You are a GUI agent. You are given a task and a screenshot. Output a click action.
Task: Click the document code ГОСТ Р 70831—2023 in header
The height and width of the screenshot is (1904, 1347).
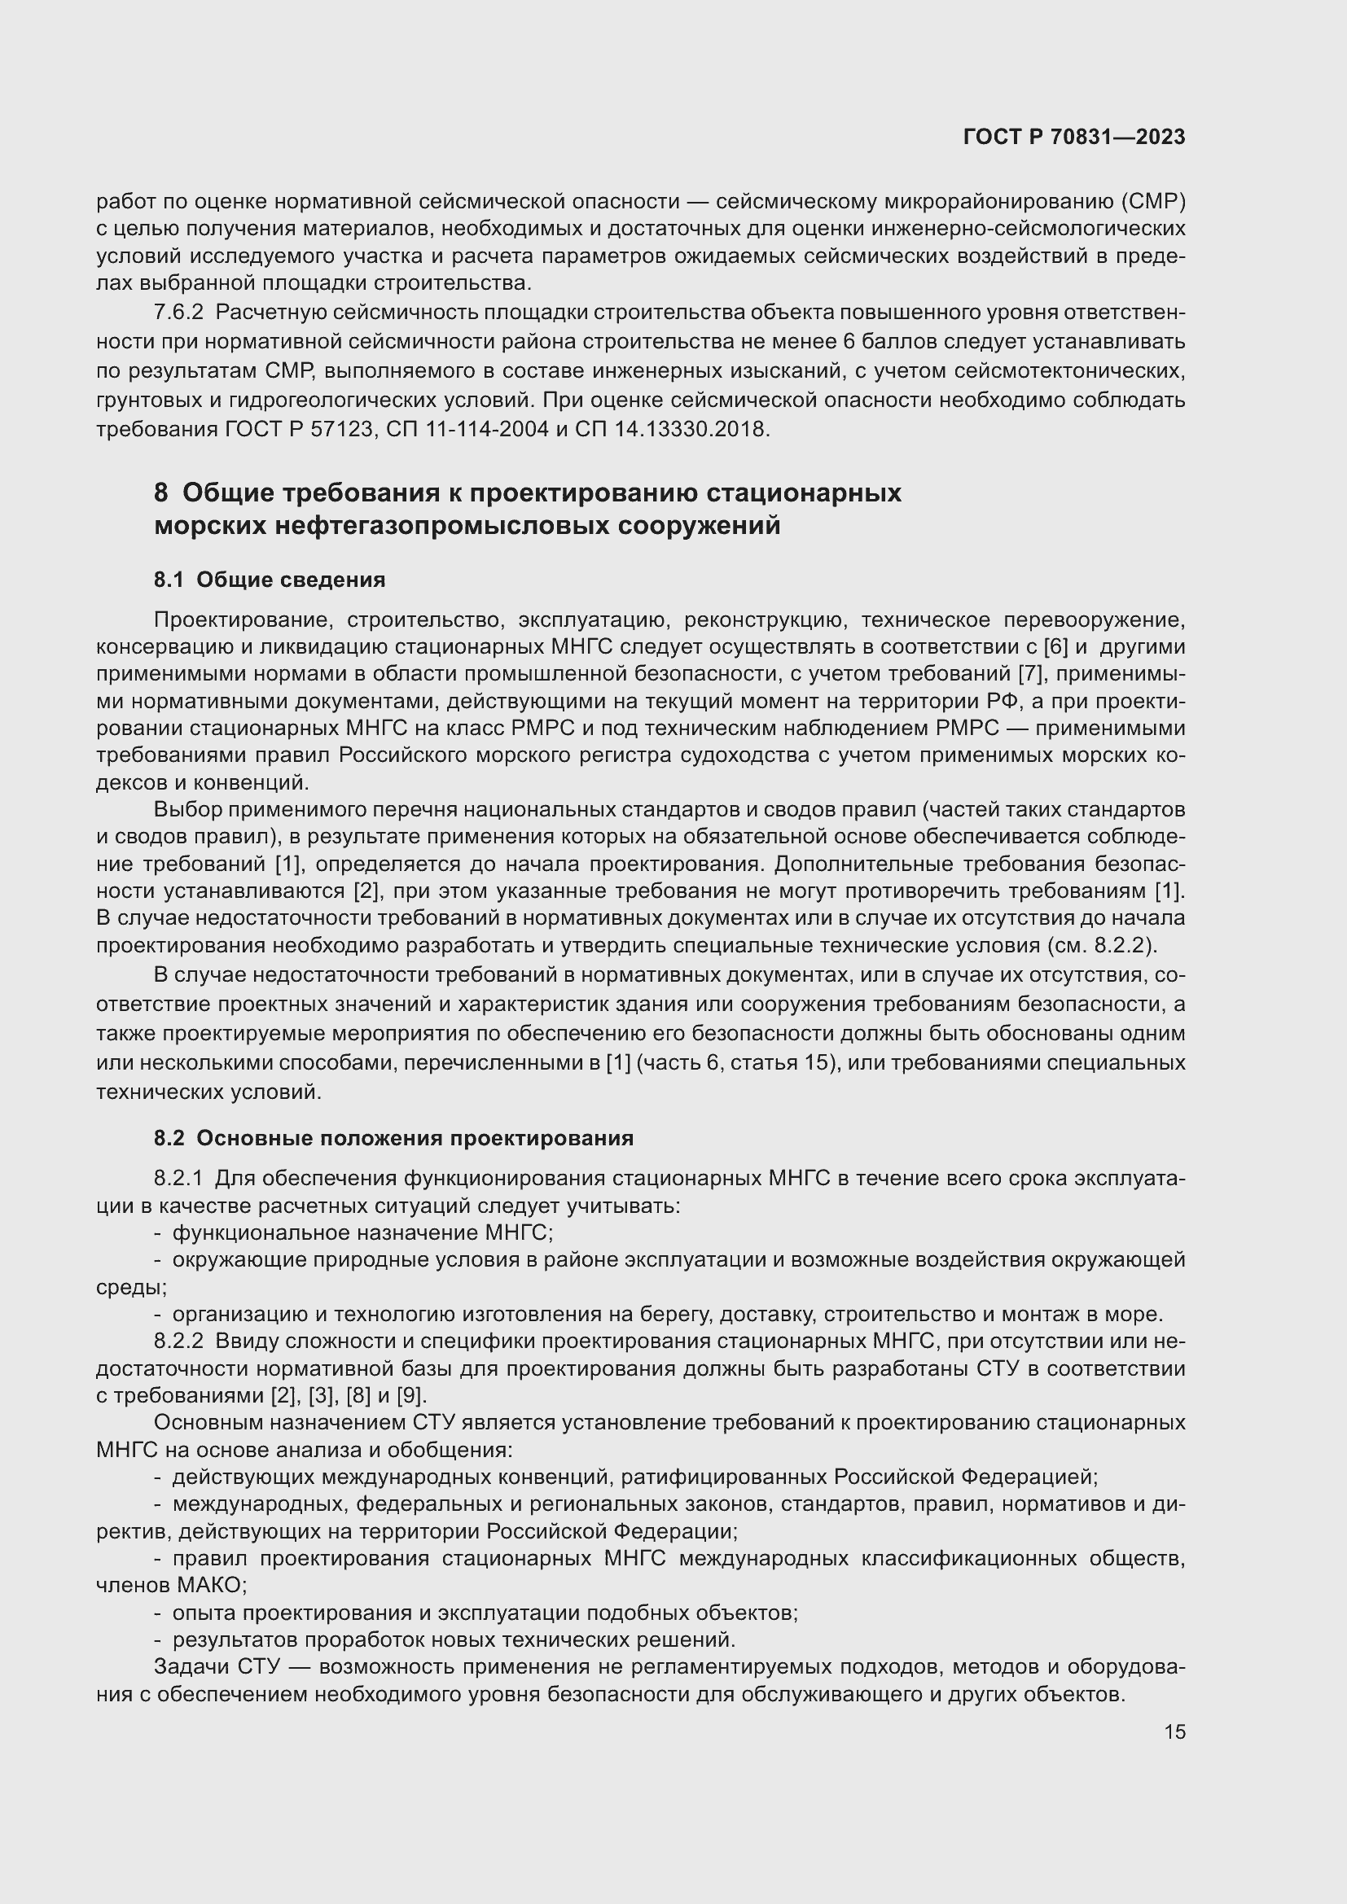click(x=1074, y=138)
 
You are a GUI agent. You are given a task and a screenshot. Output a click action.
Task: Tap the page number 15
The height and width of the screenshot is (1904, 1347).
click(x=1174, y=1732)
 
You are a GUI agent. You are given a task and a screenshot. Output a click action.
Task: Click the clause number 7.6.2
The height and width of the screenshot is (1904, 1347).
click(x=178, y=313)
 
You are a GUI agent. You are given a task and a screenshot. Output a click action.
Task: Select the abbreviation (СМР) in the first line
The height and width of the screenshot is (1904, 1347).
click(x=1152, y=202)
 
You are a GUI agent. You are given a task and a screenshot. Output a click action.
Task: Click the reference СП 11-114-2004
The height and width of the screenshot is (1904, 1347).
click(x=467, y=430)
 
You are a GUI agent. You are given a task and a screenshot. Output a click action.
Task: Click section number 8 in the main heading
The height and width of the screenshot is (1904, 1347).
click(x=161, y=492)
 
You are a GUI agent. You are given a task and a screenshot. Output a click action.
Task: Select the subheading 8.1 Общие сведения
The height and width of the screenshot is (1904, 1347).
click(x=270, y=580)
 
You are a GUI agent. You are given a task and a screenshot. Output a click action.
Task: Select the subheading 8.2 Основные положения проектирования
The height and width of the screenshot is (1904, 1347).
click(x=393, y=1138)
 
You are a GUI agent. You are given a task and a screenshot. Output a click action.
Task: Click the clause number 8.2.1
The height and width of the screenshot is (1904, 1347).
click(x=178, y=1179)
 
